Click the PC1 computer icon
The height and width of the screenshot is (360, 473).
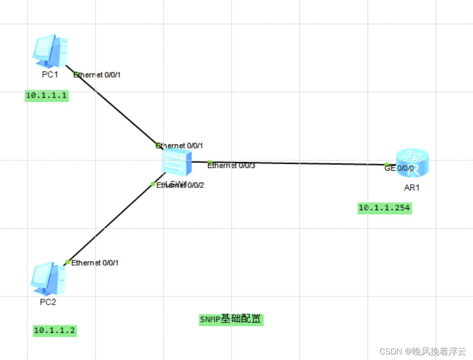[x=50, y=50]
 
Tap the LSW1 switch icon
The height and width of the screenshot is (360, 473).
[x=177, y=163]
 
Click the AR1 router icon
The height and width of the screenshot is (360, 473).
[x=412, y=163]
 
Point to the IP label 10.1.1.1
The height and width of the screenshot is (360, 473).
[x=46, y=95]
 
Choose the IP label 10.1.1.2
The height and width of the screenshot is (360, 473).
[x=54, y=330]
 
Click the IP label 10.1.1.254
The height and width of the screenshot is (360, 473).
[x=384, y=208]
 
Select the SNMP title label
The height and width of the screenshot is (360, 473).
[x=231, y=320]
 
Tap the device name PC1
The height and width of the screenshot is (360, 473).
[x=50, y=74]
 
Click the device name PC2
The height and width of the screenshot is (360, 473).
[x=48, y=302]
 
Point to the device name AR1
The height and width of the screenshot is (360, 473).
[x=412, y=187]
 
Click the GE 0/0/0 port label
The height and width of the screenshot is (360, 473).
[x=399, y=168]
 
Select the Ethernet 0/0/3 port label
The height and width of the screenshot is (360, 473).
[x=232, y=166]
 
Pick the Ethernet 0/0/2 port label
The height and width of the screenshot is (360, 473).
[x=180, y=185]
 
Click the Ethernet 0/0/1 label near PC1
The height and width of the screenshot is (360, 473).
[x=97, y=74]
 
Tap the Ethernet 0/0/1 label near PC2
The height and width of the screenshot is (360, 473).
[x=95, y=262]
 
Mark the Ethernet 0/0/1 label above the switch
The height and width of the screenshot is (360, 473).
[x=179, y=146]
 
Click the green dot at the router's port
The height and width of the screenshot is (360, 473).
[x=387, y=164]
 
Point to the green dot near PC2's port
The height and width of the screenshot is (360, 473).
[x=67, y=261]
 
